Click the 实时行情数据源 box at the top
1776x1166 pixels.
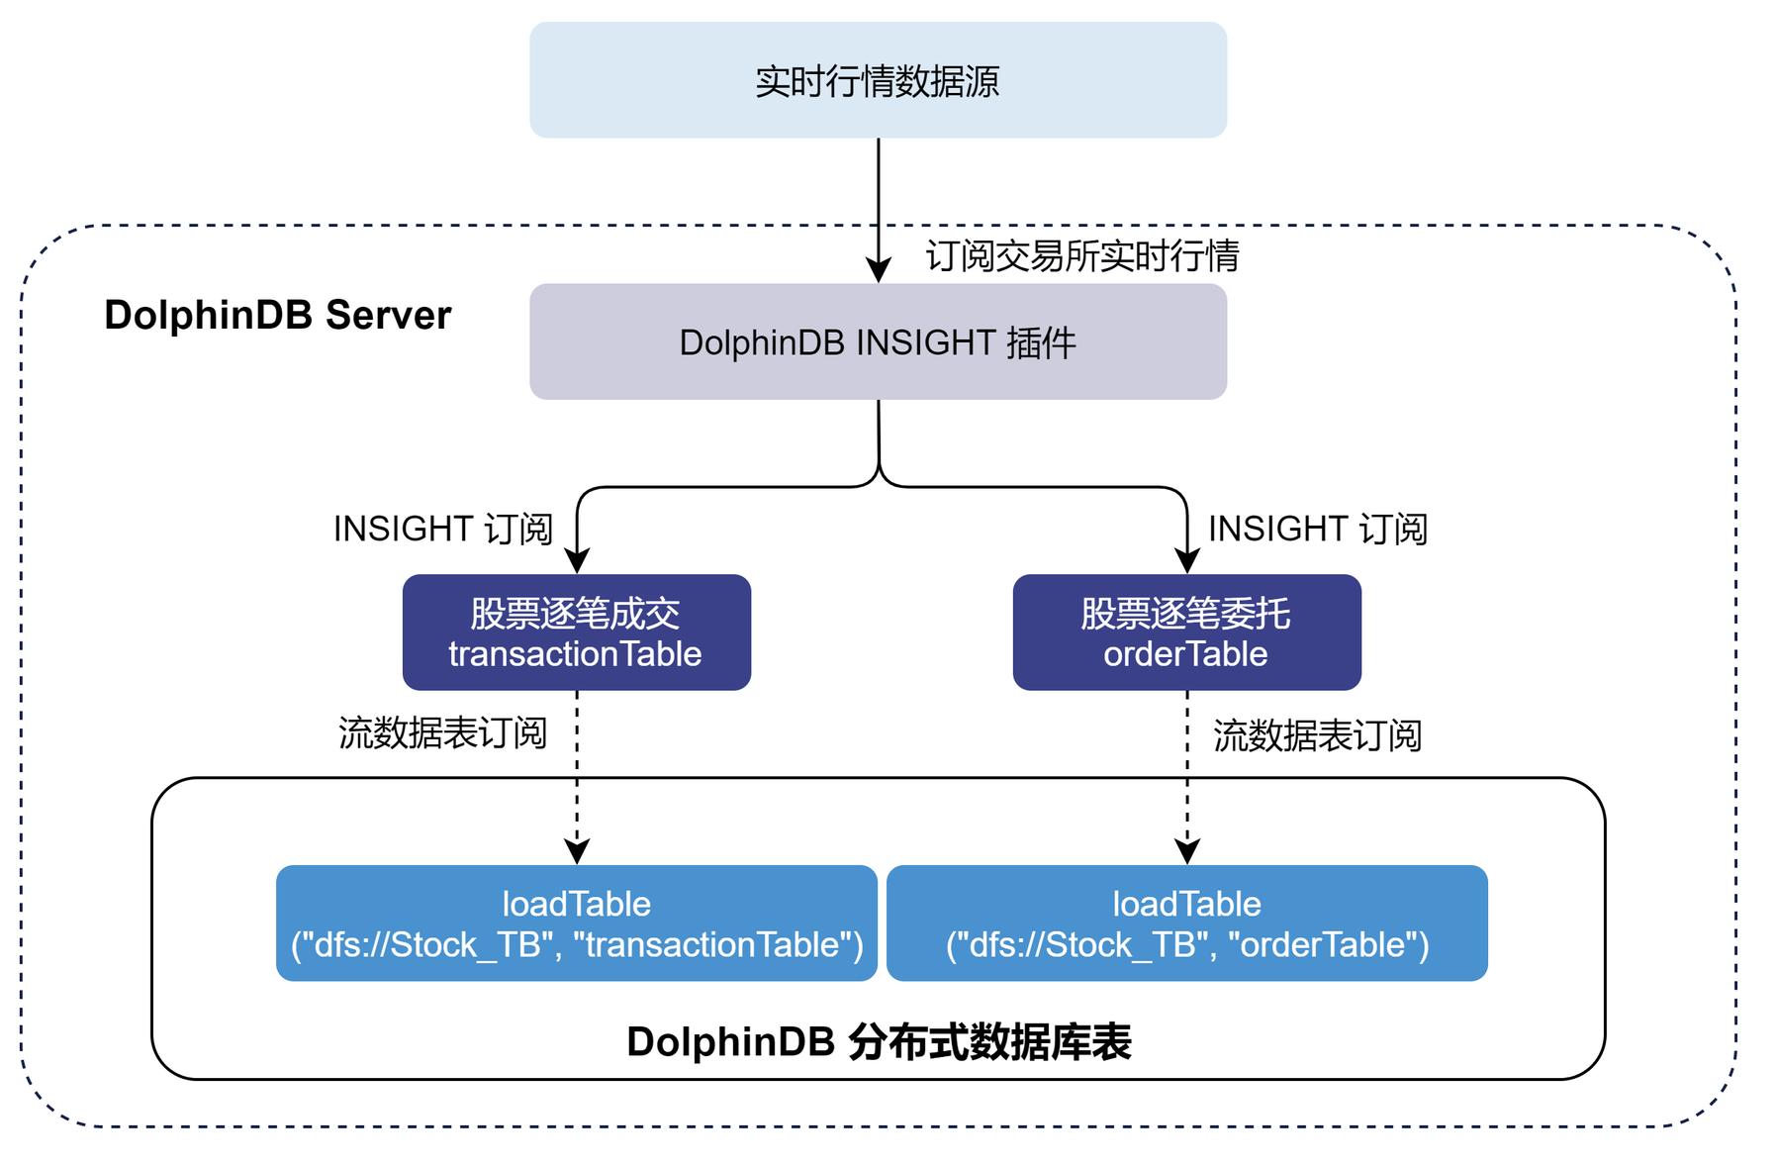878,80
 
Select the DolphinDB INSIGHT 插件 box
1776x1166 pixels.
878,342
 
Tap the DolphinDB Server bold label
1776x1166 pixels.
277,316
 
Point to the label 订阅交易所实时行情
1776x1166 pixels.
1082,256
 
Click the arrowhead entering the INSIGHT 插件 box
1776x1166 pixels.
879,270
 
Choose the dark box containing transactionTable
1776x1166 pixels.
576,632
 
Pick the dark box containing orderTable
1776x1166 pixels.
1186,632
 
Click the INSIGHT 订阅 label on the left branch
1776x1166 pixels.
442,530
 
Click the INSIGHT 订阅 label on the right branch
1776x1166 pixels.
1317,530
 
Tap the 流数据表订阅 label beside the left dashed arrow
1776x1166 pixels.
442,733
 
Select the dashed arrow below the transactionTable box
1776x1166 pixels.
577,772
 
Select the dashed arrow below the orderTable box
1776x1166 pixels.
1187,772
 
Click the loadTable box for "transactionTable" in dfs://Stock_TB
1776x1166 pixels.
576,923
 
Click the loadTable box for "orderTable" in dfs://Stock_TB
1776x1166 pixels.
1186,923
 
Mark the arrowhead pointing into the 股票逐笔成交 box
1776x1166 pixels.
577,561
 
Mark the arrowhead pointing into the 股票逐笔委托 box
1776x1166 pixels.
1187,561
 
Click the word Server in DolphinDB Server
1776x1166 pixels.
388,316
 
